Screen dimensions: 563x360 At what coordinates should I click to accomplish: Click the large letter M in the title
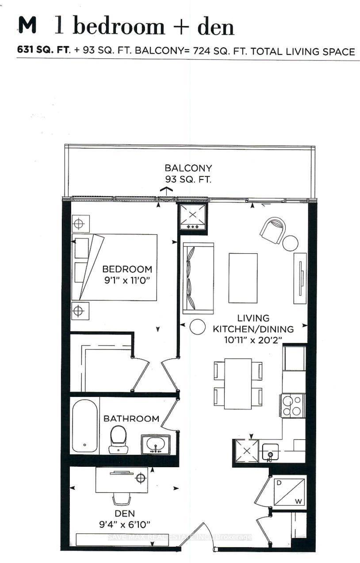point(27,27)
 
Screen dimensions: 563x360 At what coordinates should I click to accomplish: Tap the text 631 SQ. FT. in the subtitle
point(43,51)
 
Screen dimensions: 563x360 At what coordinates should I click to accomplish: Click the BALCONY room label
point(188,168)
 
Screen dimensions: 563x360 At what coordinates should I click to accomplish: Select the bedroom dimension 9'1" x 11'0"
point(127,281)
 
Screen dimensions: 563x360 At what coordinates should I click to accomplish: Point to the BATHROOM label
point(131,418)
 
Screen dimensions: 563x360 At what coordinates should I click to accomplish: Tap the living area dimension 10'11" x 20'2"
point(253,340)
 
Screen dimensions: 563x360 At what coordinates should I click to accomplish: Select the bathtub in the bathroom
point(84,426)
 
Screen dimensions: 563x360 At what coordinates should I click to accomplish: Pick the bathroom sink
point(155,444)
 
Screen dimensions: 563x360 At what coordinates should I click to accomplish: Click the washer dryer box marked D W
point(289,492)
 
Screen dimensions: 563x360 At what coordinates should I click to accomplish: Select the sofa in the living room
point(198,278)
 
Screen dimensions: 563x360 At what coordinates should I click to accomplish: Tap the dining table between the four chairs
point(238,383)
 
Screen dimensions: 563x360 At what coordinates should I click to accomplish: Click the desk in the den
point(122,481)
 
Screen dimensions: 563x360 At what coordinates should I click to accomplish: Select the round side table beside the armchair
point(291,243)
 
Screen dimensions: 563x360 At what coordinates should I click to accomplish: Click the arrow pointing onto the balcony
point(166,191)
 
